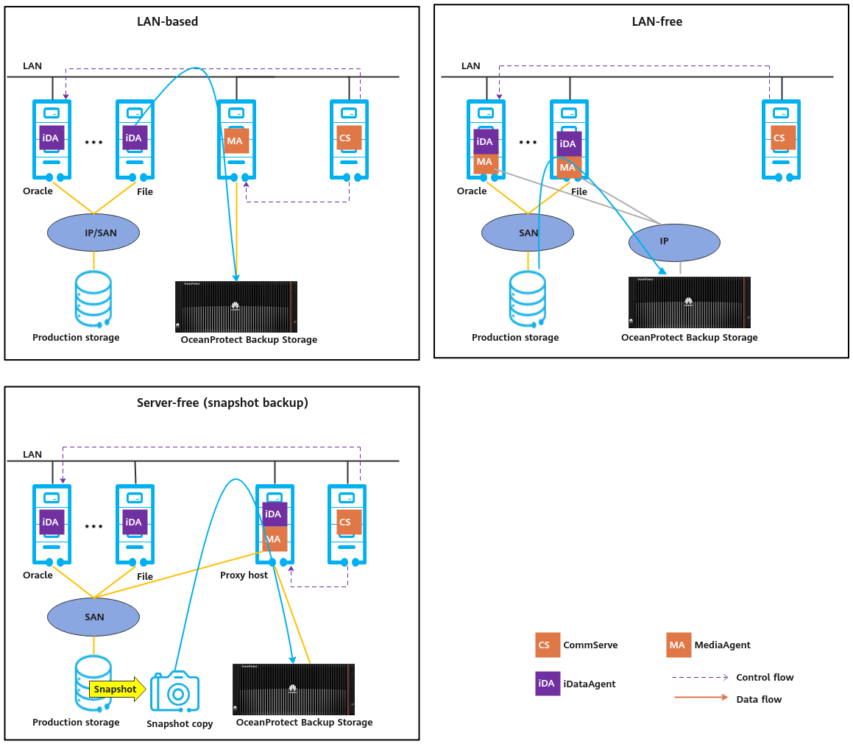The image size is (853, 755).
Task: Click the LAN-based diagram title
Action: tap(167, 21)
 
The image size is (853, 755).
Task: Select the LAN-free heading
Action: tap(656, 21)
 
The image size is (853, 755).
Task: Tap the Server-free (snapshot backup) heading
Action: tap(222, 403)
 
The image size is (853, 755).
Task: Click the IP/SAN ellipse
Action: tap(93, 233)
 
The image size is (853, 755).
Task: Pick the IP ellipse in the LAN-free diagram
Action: tap(673, 242)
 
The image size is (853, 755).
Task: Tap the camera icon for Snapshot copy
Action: tap(175, 691)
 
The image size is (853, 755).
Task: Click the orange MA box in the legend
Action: tap(678, 645)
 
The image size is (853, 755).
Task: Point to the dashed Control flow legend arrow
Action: tap(698, 677)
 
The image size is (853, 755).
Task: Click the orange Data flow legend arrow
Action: tap(698, 698)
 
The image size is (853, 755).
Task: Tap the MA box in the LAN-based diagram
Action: tap(236, 141)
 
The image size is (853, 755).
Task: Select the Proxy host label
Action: tap(244, 575)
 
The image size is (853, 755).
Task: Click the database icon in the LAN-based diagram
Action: tap(93, 299)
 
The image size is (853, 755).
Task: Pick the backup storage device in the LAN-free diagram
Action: tap(689, 302)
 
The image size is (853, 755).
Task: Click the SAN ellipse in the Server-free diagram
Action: tap(93, 617)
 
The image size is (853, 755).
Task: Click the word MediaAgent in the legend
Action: tap(723, 645)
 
